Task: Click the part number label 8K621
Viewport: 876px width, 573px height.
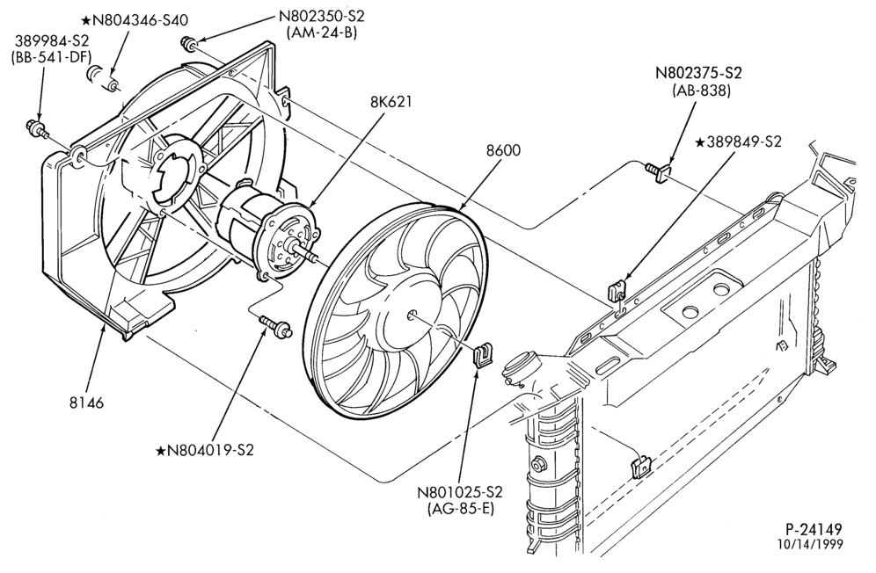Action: click(391, 102)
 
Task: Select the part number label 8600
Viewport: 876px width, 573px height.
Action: click(503, 150)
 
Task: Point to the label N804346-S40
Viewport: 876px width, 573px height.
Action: click(135, 20)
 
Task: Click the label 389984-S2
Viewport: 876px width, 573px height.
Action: click(51, 40)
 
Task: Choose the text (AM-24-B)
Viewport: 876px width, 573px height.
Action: click(321, 33)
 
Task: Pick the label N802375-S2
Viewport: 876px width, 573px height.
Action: click(698, 73)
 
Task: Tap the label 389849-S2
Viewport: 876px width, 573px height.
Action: click(737, 142)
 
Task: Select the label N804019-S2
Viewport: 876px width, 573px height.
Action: click(204, 450)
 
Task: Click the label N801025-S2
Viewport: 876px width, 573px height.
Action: click(460, 492)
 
